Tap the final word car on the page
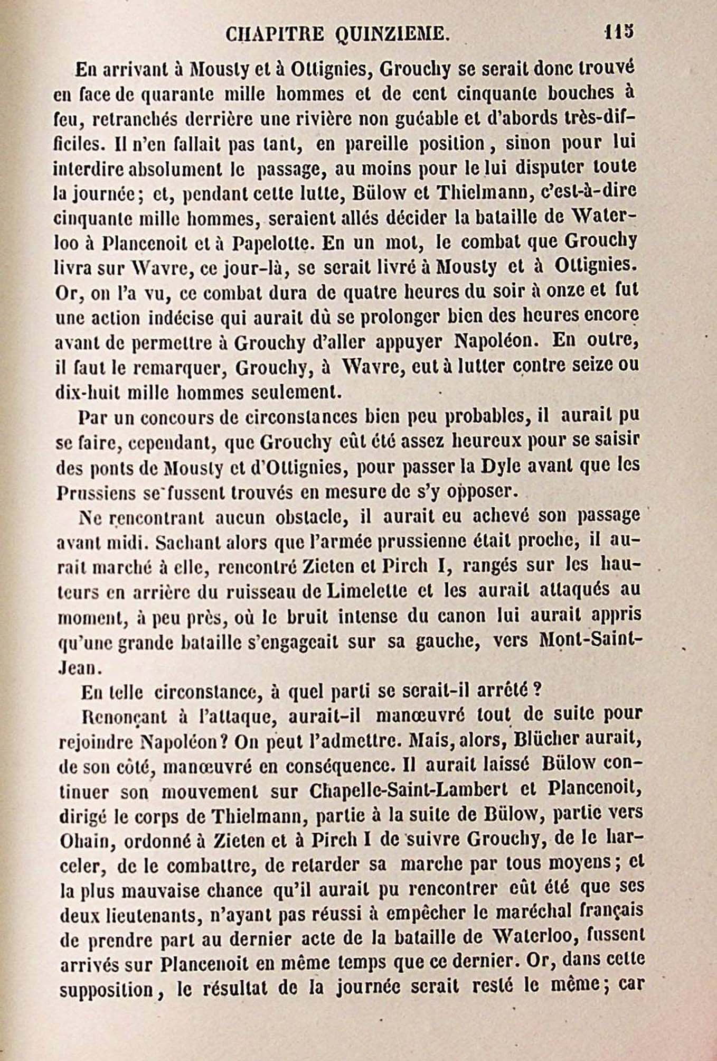pos(629,986)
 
